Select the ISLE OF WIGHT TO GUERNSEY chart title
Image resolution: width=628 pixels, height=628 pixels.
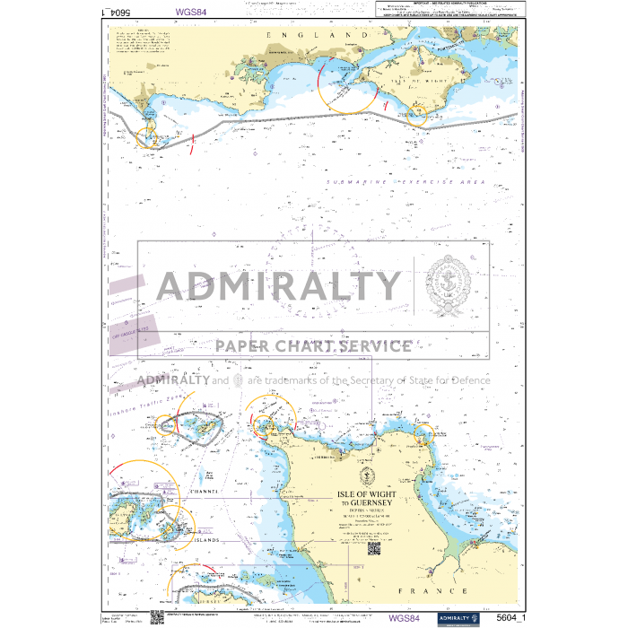point(368,498)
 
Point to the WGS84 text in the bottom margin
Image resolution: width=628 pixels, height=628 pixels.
point(404,618)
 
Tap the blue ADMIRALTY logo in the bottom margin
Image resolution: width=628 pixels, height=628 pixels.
point(458,618)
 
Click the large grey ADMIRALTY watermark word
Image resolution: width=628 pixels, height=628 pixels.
point(279,287)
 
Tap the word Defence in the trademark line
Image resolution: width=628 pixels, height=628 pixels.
point(467,380)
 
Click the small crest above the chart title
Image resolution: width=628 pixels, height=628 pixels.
point(367,476)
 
